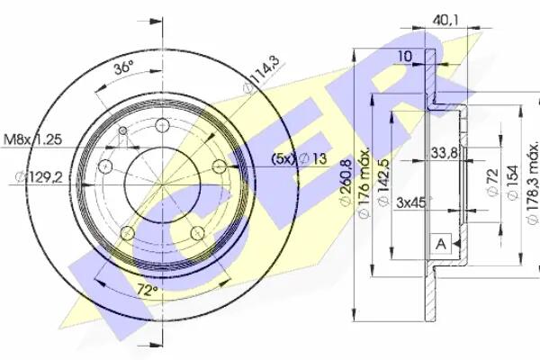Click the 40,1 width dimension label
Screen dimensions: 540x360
(x=445, y=21)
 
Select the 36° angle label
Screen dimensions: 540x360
(x=123, y=67)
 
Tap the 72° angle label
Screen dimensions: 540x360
(x=147, y=291)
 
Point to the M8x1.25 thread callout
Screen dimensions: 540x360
(x=32, y=139)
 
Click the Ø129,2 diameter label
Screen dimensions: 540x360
(x=39, y=177)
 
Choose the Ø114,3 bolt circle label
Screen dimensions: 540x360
(x=264, y=75)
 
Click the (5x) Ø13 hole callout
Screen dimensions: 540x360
(x=299, y=158)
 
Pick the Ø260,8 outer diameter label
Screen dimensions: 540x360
(x=346, y=183)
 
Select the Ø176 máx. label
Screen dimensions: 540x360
(x=364, y=183)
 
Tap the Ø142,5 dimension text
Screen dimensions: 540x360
(x=383, y=183)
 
